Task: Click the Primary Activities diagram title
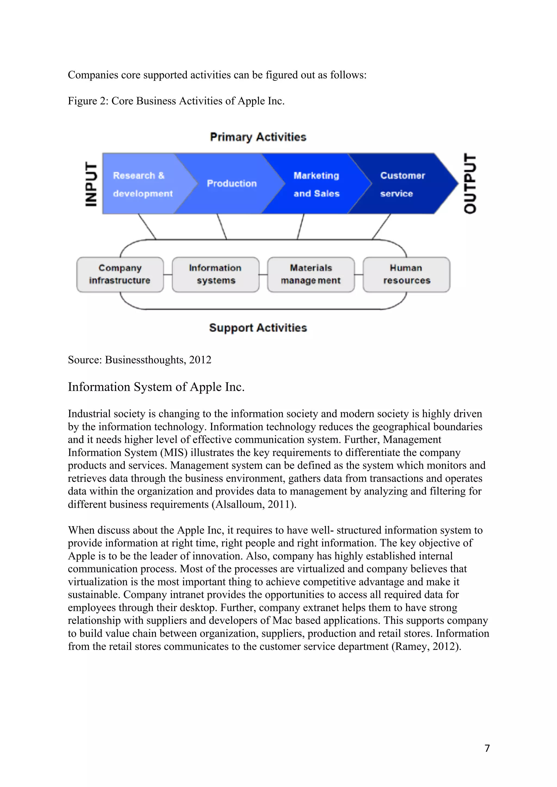[x=258, y=137]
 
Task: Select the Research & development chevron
[x=142, y=184]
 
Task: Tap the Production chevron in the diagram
[x=231, y=184]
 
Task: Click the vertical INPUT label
[x=91, y=184]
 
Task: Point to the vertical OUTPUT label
[x=470, y=184]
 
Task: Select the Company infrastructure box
[x=120, y=274]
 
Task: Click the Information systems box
[x=215, y=274]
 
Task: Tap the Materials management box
[x=311, y=274]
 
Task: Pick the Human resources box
[x=406, y=274]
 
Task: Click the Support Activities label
[x=258, y=328]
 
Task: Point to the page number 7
[x=487, y=748]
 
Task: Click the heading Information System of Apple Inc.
[x=156, y=387]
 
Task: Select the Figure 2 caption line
[x=176, y=101]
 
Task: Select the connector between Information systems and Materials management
[x=263, y=274]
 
